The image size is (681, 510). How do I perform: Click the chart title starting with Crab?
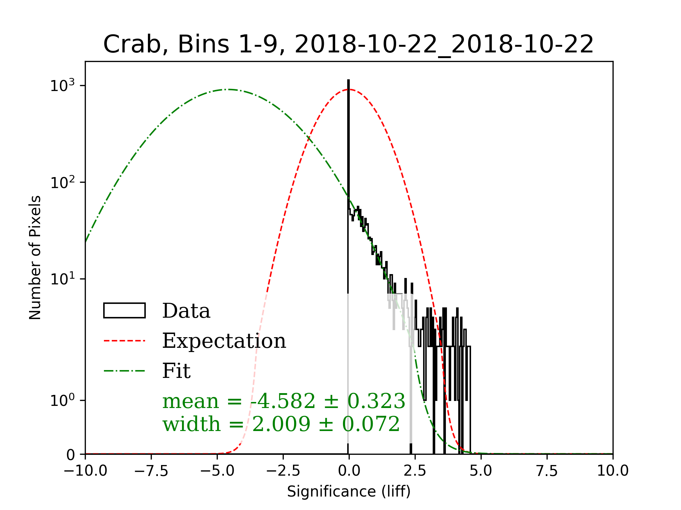(348, 45)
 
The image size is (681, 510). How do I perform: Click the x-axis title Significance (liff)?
(349, 492)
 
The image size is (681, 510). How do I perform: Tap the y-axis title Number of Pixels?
(35, 257)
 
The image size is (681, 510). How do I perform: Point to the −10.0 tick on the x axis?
(85, 471)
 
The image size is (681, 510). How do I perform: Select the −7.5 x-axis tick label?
(151, 471)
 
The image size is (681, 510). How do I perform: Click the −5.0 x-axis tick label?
(217, 471)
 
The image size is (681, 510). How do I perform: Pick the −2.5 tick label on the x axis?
(283, 471)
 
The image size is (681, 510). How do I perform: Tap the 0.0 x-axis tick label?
(349, 471)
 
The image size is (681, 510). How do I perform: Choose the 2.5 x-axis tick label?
(415, 471)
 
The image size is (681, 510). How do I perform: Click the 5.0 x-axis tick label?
(481, 471)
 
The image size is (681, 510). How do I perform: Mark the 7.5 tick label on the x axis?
(547, 471)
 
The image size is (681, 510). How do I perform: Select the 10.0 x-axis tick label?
(613, 471)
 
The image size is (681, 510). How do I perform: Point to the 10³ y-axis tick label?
(63, 86)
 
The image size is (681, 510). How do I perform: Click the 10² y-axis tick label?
(63, 182)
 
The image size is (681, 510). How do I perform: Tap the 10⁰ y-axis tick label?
(63, 401)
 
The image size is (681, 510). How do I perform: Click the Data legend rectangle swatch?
(124, 311)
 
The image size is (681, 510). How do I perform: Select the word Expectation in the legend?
(224, 341)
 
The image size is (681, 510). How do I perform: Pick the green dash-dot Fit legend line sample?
(124, 371)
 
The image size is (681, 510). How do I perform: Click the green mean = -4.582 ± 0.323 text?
(284, 401)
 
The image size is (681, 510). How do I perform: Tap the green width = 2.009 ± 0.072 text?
(281, 424)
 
